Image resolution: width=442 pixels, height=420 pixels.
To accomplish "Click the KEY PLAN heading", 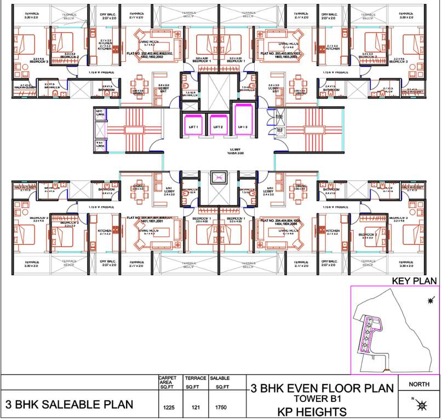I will tap(414, 281).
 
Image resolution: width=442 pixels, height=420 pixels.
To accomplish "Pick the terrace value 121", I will tap(196, 407).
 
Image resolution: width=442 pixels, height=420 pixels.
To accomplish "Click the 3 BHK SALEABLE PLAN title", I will tap(70, 405).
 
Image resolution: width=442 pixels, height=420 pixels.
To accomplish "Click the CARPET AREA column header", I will tap(166, 381).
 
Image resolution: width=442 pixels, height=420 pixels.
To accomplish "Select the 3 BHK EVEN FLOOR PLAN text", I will tap(322, 388).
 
